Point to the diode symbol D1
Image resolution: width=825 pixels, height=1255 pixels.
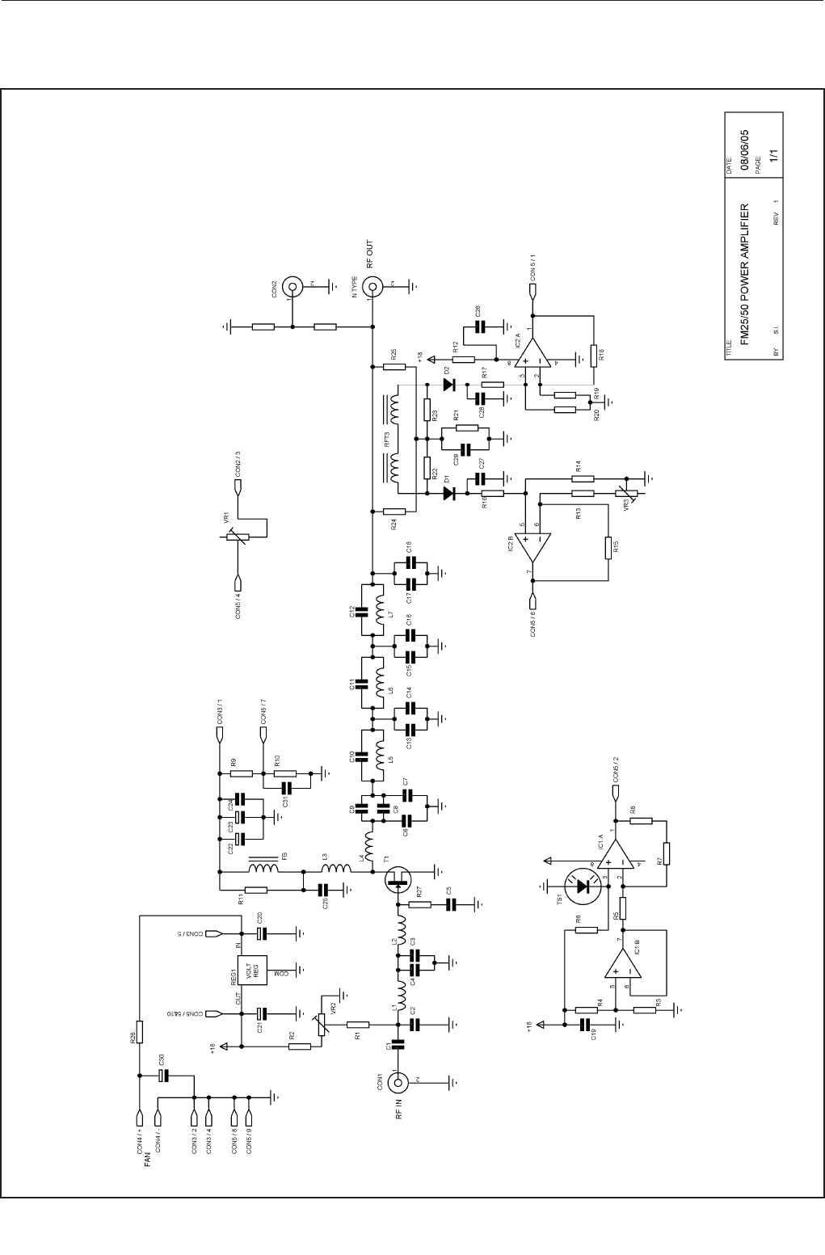[451, 492]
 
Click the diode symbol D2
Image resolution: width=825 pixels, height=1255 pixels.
[451, 385]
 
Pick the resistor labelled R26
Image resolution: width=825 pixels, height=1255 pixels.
[140, 1032]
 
